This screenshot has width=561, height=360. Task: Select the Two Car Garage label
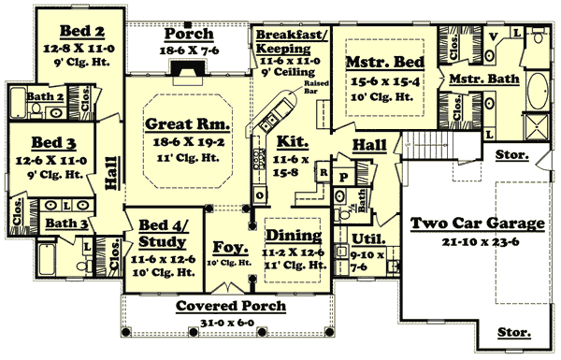coord(477,224)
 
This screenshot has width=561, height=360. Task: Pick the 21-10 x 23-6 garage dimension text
coord(477,241)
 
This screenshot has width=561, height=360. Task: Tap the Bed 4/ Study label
coord(162,231)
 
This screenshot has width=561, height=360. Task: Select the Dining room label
coord(294,236)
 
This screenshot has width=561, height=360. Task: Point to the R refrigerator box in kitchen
coord(323,172)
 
